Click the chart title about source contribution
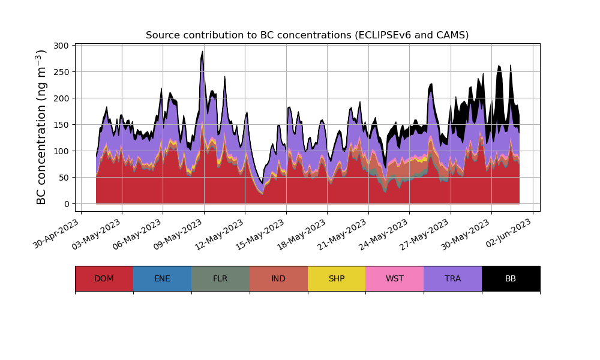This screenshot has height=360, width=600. (x=307, y=35)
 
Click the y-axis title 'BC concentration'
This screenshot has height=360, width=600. (x=41, y=127)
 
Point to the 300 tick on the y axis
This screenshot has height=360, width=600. (x=61, y=46)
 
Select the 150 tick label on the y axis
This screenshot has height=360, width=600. (x=61, y=125)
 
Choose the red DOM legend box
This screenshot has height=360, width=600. (x=104, y=278)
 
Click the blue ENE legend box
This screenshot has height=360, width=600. (x=162, y=278)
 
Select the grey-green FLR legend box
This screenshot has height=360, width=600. (x=220, y=278)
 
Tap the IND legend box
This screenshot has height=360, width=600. (x=278, y=278)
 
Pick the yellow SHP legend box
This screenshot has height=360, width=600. (x=337, y=278)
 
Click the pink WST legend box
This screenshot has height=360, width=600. (x=394, y=278)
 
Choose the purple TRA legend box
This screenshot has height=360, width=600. (x=452, y=278)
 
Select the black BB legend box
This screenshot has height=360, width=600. (x=511, y=278)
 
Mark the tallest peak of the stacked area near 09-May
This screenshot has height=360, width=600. (x=203, y=52)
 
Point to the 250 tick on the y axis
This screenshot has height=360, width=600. (x=61, y=72)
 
